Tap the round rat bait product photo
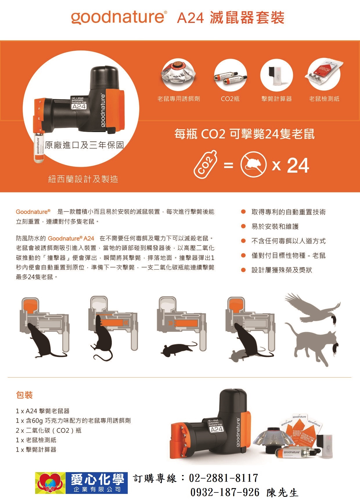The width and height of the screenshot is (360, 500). pos(178,75)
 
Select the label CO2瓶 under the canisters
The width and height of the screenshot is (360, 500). pos(230,99)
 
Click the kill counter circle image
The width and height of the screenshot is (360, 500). pos(276,75)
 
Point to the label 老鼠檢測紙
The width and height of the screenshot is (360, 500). pos(324,99)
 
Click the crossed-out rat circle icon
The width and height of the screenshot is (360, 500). pos(253,165)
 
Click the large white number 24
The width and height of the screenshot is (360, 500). pos(298,165)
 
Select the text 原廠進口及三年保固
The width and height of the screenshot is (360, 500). pos(84,145)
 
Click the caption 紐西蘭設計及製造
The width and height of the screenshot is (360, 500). pos(83,179)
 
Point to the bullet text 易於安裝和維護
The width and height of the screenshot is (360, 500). pos(275,226)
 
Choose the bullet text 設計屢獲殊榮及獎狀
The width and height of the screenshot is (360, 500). pos(282,270)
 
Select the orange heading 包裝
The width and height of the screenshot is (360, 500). pos(24,395)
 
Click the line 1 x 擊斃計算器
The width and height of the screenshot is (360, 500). pos(36,450)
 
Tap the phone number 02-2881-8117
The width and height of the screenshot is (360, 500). pos(224,478)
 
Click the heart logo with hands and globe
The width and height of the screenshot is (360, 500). pos(51,483)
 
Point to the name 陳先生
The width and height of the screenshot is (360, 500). pos(282,492)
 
